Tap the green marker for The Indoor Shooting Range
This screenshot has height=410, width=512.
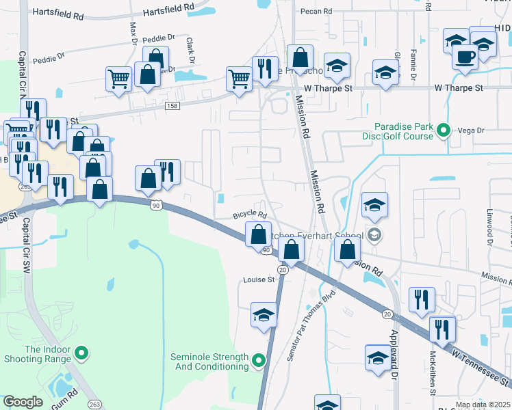81,353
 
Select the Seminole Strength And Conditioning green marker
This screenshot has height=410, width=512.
258,359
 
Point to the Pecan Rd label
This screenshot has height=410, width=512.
316,12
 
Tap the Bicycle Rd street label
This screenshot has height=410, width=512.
249,215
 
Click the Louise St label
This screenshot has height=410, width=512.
259,279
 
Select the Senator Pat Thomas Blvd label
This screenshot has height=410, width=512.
313,327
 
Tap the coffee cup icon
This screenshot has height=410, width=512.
465,57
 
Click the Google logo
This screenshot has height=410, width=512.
23,402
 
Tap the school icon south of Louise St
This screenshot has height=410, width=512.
264,315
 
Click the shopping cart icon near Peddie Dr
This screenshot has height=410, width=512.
118,79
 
